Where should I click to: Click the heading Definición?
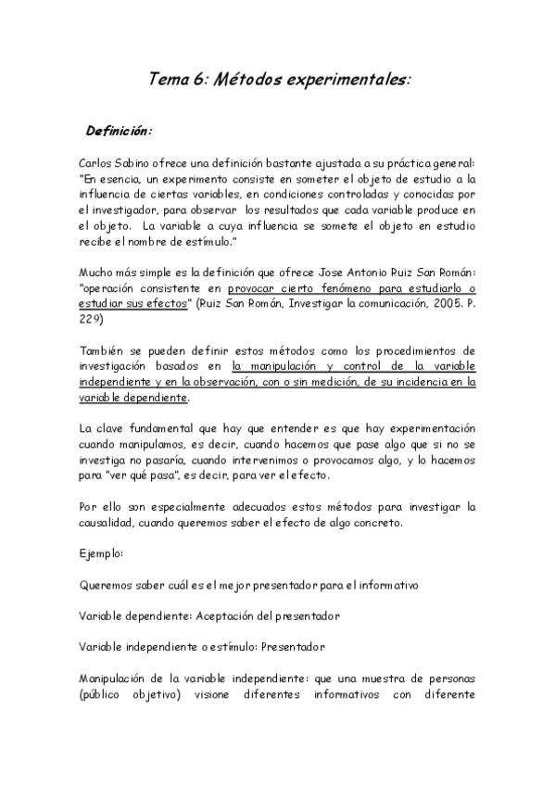point(119,129)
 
